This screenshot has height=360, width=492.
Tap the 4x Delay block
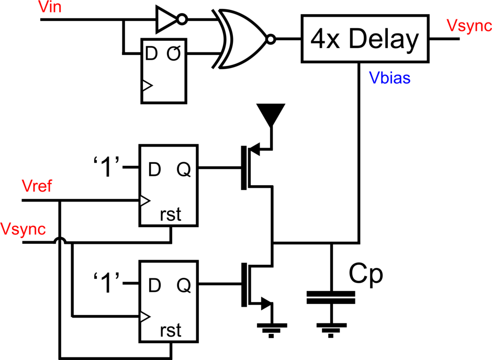(x=365, y=39)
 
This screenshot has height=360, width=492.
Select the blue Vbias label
(x=389, y=78)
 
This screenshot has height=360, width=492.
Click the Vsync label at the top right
(x=468, y=26)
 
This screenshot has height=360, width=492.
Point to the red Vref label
(x=37, y=186)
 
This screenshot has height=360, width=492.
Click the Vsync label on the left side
(x=23, y=229)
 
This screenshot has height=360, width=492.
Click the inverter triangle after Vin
(x=166, y=20)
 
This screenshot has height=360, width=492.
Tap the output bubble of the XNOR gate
(x=270, y=39)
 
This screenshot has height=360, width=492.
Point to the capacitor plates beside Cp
(x=331, y=298)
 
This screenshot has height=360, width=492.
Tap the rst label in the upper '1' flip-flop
(x=171, y=215)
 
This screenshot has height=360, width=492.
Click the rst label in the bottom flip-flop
(x=171, y=330)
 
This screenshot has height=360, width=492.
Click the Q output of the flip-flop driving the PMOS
(x=183, y=169)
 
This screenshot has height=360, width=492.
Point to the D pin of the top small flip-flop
(x=151, y=53)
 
